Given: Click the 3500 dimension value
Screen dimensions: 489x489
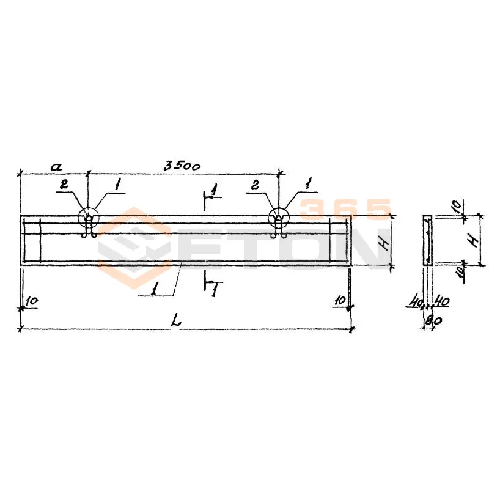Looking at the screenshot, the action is pyautogui.click(x=182, y=166).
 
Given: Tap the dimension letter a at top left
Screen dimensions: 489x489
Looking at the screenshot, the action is pyautogui.click(x=56, y=167).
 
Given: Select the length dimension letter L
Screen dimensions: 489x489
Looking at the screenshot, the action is pyautogui.click(x=176, y=322).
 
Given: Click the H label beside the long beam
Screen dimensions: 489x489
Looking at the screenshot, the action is pyautogui.click(x=385, y=242).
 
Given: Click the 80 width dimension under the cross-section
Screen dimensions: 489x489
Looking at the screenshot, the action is pyautogui.click(x=433, y=320).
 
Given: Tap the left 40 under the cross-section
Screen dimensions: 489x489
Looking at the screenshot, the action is pyautogui.click(x=416, y=302).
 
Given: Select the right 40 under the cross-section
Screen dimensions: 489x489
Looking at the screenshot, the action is pyautogui.click(x=442, y=301).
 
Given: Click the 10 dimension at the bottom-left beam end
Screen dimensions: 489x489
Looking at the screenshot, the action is pyautogui.click(x=32, y=301).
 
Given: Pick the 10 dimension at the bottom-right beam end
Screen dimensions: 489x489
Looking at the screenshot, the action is pyautogui.click(x=340, y=300).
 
